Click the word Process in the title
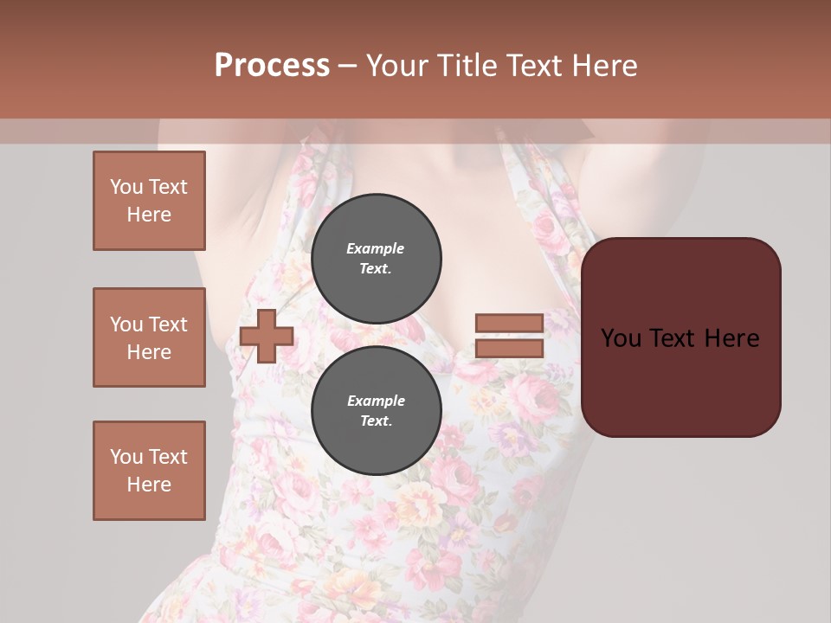coord(272,66)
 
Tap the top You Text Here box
coord(149,201)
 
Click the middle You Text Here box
coord(149,337)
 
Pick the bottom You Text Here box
coord(149,471)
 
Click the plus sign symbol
coord(267,337)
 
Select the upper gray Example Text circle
coord(376,258)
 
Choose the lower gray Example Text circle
coord(376,410)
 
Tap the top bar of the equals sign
coord(509,324)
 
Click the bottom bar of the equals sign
coord(509,349)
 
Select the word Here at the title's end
coord(604,66)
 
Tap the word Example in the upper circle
coord(376,248)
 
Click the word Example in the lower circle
coord(376,401)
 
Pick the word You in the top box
coord(126,187)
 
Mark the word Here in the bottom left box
coord(149,485)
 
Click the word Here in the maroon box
coord(732,338)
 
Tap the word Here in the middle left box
coord(149,352)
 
